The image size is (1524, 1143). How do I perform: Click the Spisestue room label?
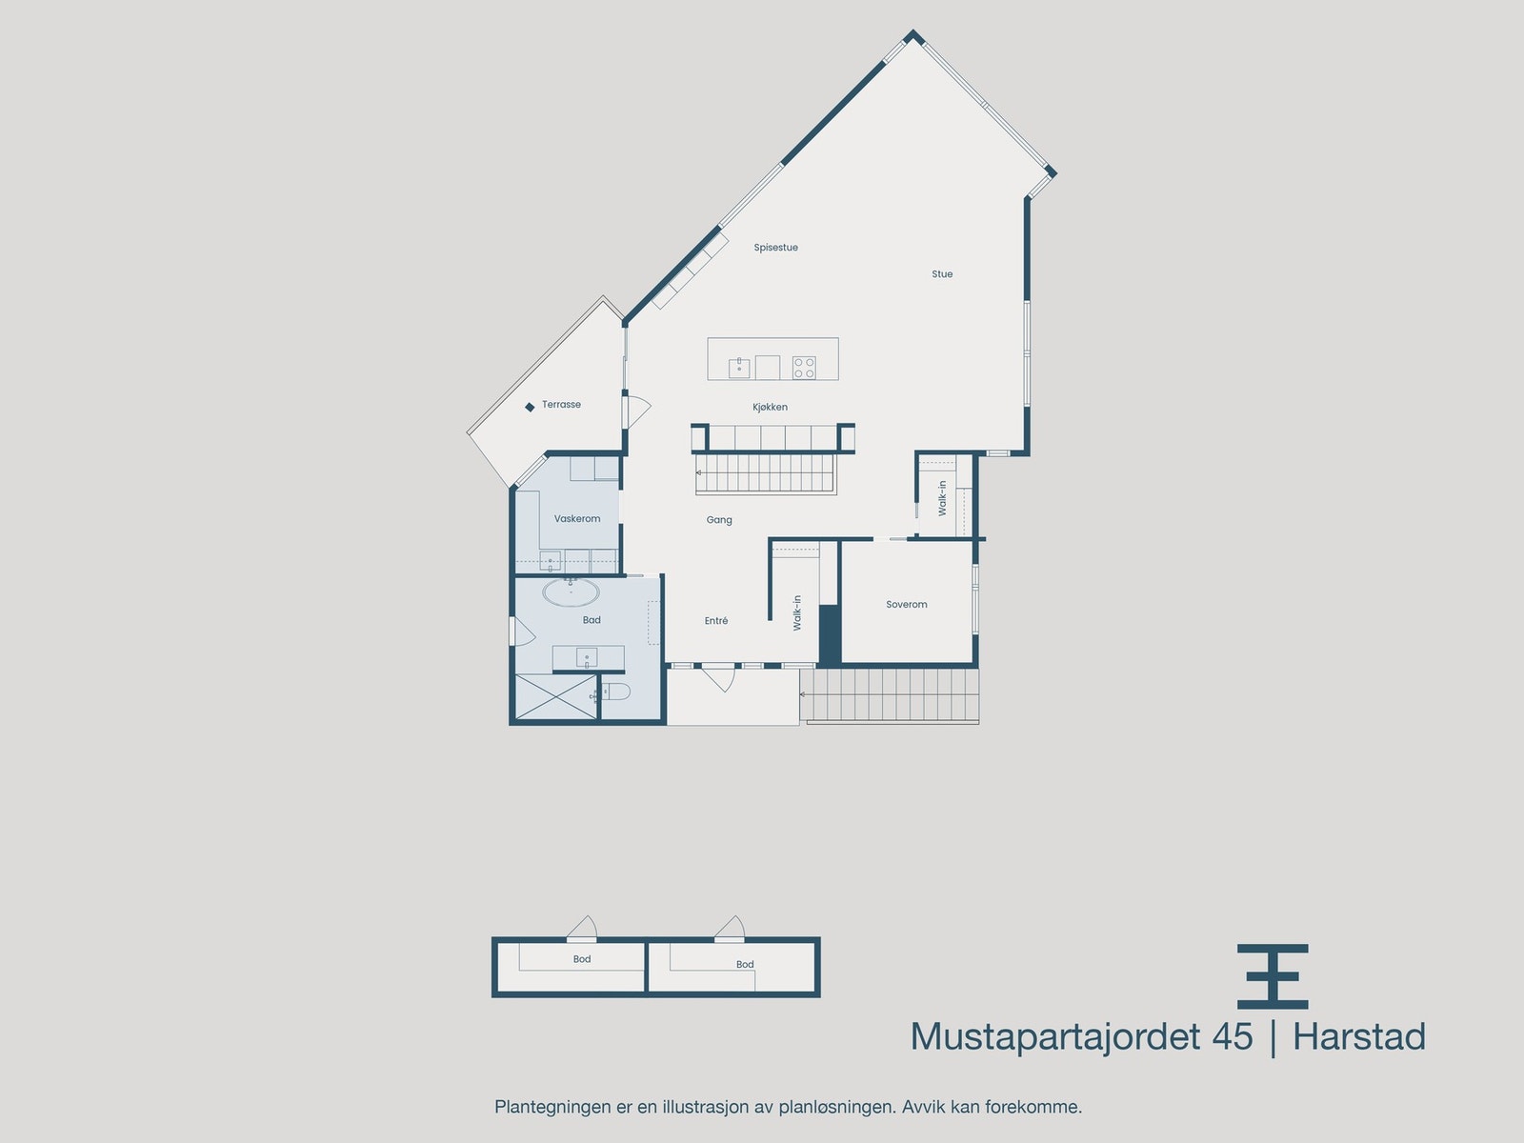[x=775, y=248]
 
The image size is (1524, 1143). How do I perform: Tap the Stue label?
[x=942, y=274]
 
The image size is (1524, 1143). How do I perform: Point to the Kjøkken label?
[x=770, y=408]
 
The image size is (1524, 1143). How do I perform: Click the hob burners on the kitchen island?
[x=804, y=368]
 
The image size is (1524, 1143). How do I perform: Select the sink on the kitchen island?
[x=739, y=368]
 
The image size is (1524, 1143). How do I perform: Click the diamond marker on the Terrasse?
[x=530, y=408]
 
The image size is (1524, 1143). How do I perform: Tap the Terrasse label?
[x=561, y=405]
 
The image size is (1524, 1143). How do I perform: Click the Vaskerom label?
[x=577, y=519]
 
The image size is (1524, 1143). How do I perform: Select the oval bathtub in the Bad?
[x=571, y=593]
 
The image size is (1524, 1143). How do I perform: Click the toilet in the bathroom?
[x=614, y=692]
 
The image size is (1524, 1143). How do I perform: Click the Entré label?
[x=716, y=621]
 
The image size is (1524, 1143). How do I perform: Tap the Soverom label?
[x=906, y=605]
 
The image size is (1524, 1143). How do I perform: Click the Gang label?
[x=719, y=520]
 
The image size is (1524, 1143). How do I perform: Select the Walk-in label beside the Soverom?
[x=797, y=612]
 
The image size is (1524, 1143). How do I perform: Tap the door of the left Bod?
[x=582, y=929]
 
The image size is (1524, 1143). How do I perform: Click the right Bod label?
[x=745, y=965]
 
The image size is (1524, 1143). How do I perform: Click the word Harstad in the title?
[x=1358, y=1037]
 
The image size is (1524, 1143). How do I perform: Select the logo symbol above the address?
[x=1273, y=976]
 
